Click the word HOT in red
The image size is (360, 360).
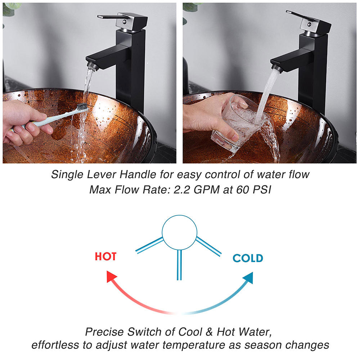tap(105, 257)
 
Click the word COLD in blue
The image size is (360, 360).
tap(248, 258)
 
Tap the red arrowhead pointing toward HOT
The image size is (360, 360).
tap(112, 278)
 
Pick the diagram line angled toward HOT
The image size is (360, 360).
tap(149, 245)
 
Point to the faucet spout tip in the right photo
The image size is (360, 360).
tap(276, 67)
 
